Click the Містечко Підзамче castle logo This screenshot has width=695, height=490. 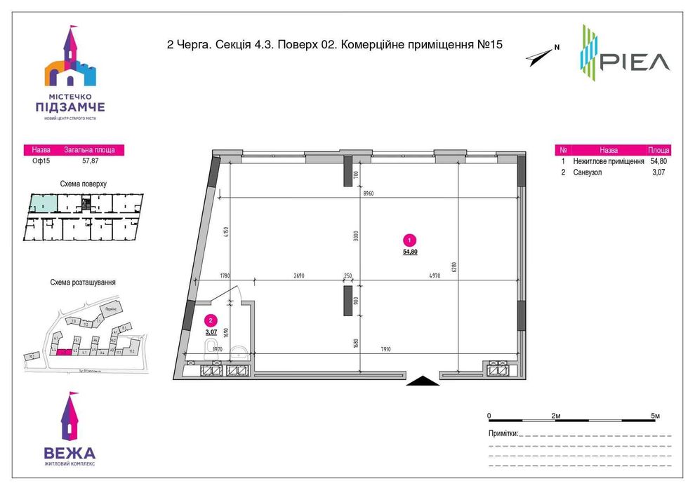pos(70,70)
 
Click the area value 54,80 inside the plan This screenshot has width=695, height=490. pos(410,252)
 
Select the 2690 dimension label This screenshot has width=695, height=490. pos(298,276)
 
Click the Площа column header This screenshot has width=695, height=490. pos(658,150)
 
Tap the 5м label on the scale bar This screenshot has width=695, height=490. pos(655,416)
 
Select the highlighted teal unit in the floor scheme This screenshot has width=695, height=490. pos(42,204)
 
